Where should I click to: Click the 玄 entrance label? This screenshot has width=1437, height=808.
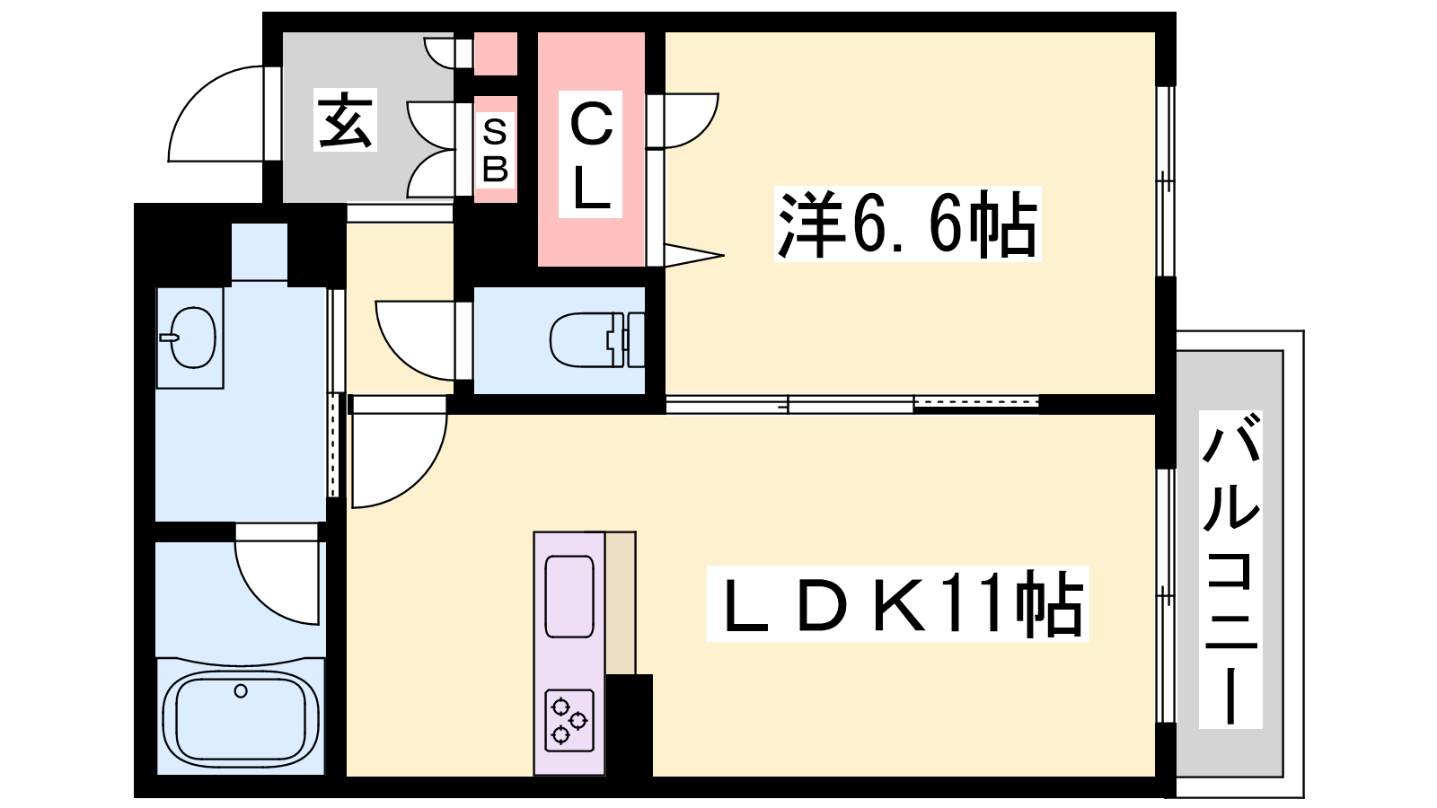tap(345, 120)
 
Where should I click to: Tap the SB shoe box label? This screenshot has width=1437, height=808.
tap(495, 150)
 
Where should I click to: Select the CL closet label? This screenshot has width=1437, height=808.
tap(590, 154)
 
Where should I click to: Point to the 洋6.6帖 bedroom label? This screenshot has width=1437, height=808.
tap(907, 224)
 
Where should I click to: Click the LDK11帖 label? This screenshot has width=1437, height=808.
tap(897, 602)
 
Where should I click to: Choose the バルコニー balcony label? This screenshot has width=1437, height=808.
tap(1230, 569)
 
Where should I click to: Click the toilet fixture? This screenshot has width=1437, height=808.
tap(596, 340)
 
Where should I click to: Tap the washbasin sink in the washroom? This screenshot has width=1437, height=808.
tap(190, 338)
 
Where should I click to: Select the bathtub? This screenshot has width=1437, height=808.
tap(241, 715)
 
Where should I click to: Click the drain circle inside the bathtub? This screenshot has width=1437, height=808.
tap(241, 690)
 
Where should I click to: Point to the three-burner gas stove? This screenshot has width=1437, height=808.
tap(569, 720)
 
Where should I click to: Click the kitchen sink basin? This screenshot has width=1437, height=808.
tap(569, 596)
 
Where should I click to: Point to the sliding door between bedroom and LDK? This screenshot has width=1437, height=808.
tap(852, 403)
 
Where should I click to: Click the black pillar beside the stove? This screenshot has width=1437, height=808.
tap(630, 725)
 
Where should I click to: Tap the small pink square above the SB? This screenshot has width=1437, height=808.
tap(495, 54)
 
